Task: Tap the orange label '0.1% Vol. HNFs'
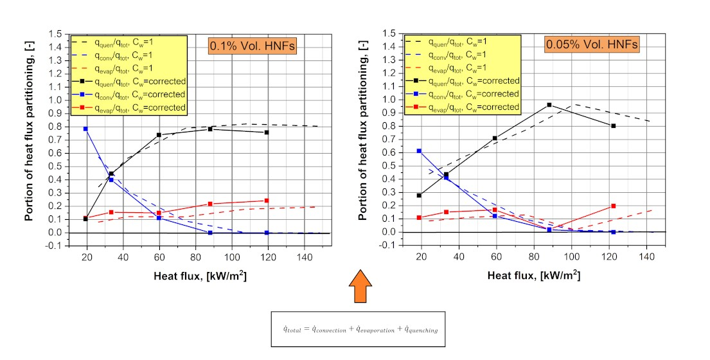click(x=254, y=45)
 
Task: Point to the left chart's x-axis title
click(x=200, y=276)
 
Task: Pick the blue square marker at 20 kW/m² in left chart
click(x=85, y=129)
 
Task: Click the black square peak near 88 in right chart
click(x=549, y=105)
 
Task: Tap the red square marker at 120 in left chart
click(x=266, y=201)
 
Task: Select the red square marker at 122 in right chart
click(x=613, y=206)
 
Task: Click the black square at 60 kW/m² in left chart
click(x=158, y=134)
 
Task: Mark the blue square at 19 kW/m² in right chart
click(x=419, y=151)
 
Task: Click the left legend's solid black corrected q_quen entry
click(x=129, y=81)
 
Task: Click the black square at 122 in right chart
click(x=613, y=126)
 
